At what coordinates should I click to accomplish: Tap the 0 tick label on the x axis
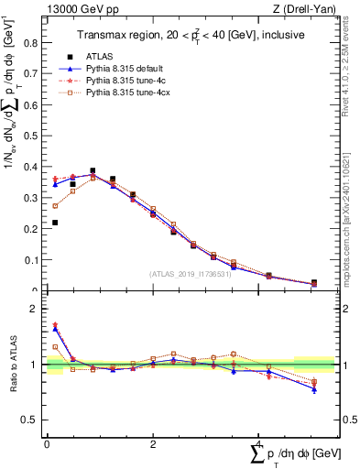point(47,444)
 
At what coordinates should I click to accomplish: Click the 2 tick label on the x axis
point(152,444)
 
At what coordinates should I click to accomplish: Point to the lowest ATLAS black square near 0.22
point(55,223)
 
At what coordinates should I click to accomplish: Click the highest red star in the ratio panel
point(55,325)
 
